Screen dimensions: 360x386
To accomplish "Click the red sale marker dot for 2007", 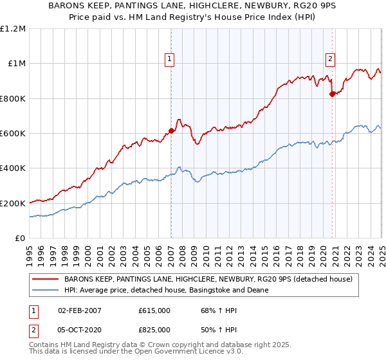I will [171, 130].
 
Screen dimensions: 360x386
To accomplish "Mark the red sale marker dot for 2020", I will [332, 94].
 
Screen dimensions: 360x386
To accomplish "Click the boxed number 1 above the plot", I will [170, 59].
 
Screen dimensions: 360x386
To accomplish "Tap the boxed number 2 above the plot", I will [331, 59].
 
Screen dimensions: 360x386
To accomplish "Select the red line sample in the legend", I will [44, 280].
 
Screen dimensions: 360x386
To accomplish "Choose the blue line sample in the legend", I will [44, 291].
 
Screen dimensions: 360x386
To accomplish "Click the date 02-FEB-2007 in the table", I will [80, 310].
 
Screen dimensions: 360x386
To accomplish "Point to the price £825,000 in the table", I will [154, 330].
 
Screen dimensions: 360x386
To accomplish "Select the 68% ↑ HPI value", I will [211, 310].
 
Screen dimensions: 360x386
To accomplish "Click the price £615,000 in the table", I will [154, 310].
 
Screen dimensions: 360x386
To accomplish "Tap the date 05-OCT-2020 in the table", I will [80, 330].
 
